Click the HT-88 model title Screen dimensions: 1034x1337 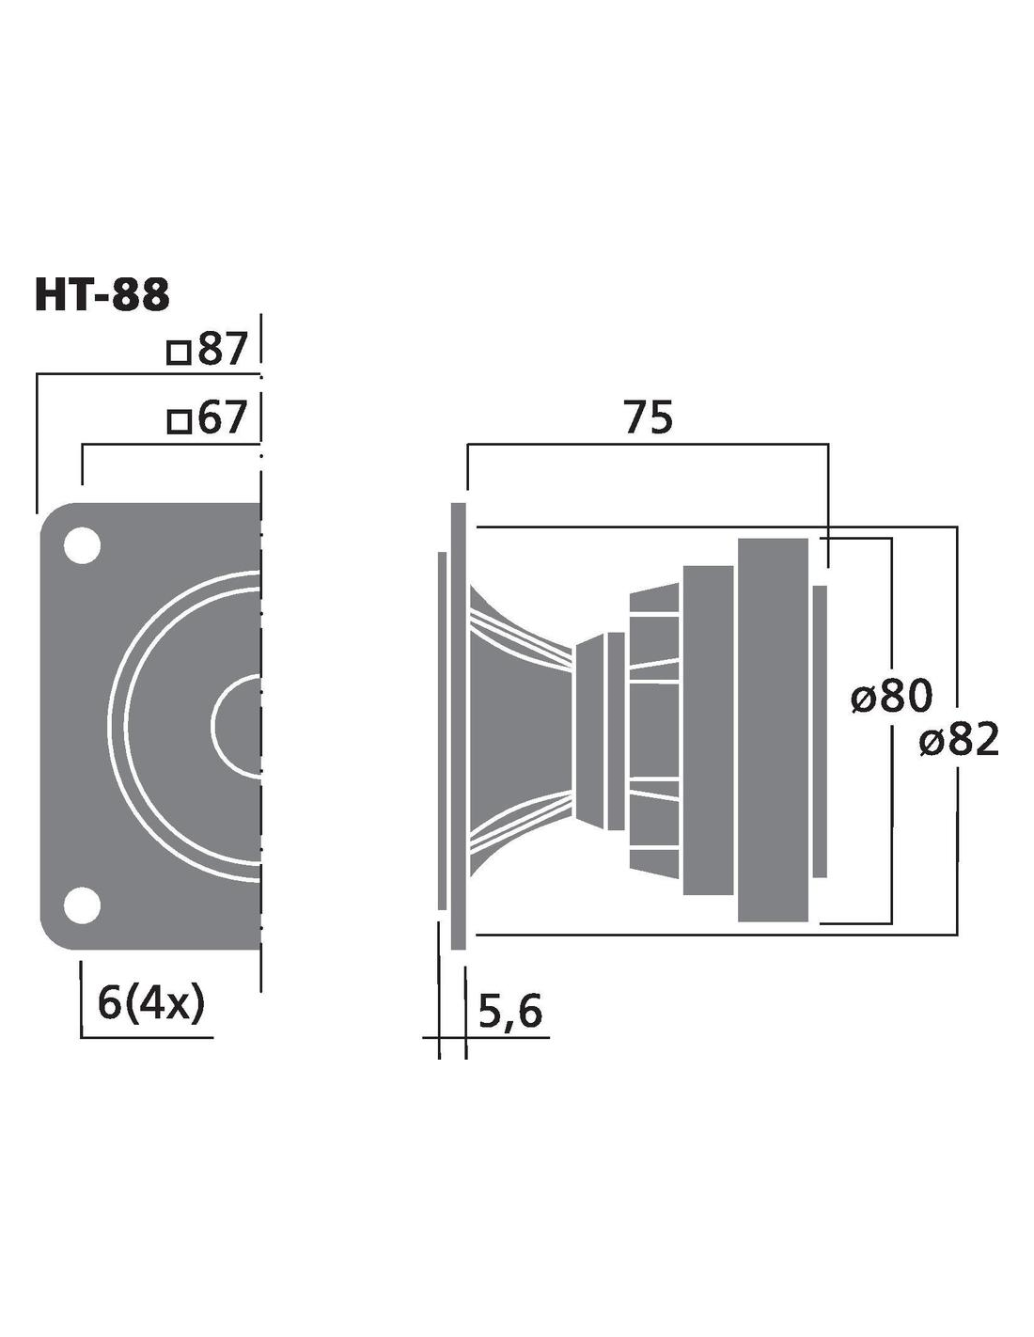pyautogui.click(x=102, y=296)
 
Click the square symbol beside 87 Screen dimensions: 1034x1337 pyautogui.click(x=179, y=354)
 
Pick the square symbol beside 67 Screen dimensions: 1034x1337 pyautogui.click(x=179, y=421)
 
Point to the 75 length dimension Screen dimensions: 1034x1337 pyautogui.click(x=649, y=417)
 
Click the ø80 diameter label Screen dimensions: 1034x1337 pyautogui.click(x=892, y=696)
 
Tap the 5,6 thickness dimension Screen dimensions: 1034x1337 pyautogui.click(x=509, y=1012)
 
